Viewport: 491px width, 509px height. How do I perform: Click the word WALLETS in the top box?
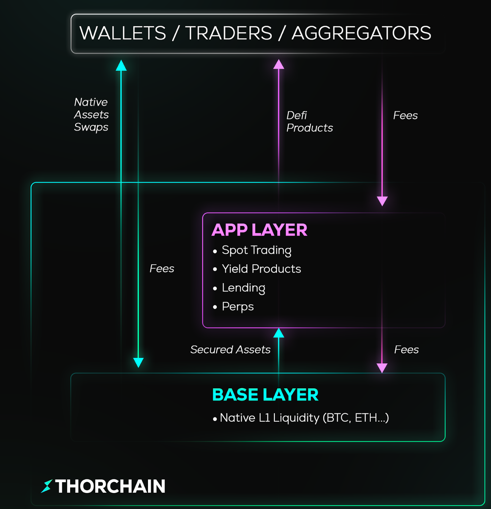[x=123, y=33]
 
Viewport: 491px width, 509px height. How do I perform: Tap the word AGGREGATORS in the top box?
[x=361, y=33]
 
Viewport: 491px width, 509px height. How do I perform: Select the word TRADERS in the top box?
[x=229, y=33]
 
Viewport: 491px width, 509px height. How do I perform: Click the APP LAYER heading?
[x=259, y=230]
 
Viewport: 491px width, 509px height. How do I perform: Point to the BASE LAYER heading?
[x=265, y=395]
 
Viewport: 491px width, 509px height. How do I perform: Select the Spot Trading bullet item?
[x=256, y=250]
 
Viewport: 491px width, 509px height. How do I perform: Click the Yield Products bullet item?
[x=261, y=269]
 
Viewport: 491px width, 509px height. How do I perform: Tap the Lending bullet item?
[x=243, y=288]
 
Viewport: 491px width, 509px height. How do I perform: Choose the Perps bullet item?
[x=238, y=307]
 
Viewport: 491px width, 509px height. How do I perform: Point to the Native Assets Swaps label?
[x=91, y=114]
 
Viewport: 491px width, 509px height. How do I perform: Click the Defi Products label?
[x=309, y=122]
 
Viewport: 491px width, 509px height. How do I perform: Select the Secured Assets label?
[x=230, y=349]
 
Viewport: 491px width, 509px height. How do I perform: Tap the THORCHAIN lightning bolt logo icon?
[x=47, y=486]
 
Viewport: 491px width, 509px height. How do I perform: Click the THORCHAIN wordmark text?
[x=110, y=486]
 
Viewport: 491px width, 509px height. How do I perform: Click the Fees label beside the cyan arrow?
[x=162, y=268]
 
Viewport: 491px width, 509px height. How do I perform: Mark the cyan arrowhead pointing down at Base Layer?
[x=138, y=363]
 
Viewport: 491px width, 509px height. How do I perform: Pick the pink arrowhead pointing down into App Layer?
[x=382, y=201]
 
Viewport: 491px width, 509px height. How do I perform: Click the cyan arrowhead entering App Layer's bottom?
[x=279, y=333]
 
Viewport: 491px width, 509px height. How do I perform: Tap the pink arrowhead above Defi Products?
[x=279, y=64]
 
